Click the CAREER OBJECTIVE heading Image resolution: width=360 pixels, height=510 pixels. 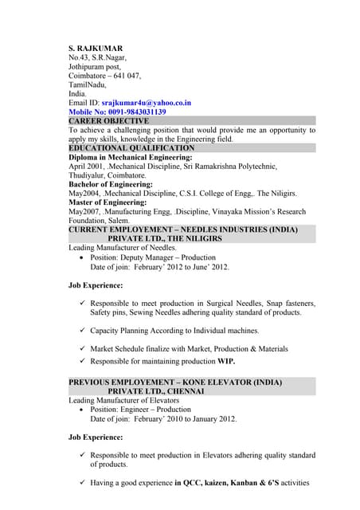pyautogui.click(x=114, y=121)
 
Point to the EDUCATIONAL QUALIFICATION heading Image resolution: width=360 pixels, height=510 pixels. pyautogui.click(x=131, y=148)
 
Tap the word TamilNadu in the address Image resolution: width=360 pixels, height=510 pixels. pyautogui.click(x=88, y=84)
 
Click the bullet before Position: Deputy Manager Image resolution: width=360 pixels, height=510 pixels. pyautogui.click(x=83, y=258)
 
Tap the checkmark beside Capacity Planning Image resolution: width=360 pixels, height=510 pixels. pyautogui.click(x=83, y=330)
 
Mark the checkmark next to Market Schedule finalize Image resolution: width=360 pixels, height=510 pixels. pyautogui.click(x=83, y=348)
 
